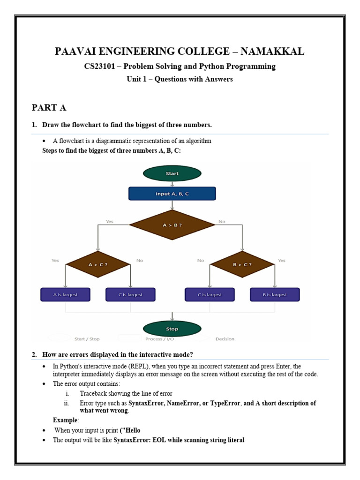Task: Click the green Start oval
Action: (x=172, y=173)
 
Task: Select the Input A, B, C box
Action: (x=172, y=194)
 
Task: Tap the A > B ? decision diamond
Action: (x=172, y=225)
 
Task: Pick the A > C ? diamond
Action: (x=98, y=264)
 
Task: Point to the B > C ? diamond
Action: (x=242, y=264)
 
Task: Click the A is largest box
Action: (x=65, y=294)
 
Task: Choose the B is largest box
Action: (x=275, y=294)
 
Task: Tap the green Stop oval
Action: (x=172, y=329)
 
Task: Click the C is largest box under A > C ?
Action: (x=130, y=294)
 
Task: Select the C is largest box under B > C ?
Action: (x=210, y=294)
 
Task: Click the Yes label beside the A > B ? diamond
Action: (x=110, y=221)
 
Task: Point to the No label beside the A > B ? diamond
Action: (x=222, y=221)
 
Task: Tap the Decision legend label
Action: (x=225, y=339)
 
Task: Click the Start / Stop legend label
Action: (x=87, y=339)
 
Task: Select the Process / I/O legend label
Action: (x=159, y=339)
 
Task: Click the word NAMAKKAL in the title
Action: (x=272, y=51)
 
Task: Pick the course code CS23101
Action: (x=99, y=66)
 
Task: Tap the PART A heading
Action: (x=49, y=107)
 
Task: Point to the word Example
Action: (x=65, y=420)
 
